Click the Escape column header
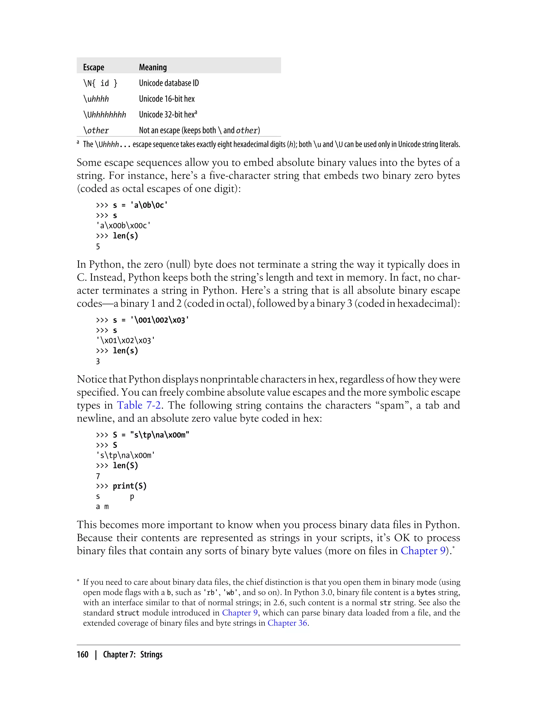93,67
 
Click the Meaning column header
153,67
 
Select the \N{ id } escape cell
100,83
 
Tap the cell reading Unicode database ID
169,83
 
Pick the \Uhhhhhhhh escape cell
105,115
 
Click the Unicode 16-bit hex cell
167,99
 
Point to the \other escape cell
96,130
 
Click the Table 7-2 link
139,405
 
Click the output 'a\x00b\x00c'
123,226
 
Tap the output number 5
98,246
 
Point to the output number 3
98,361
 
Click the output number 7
98,476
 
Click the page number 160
83,655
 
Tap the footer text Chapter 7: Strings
133,655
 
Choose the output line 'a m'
102,507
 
